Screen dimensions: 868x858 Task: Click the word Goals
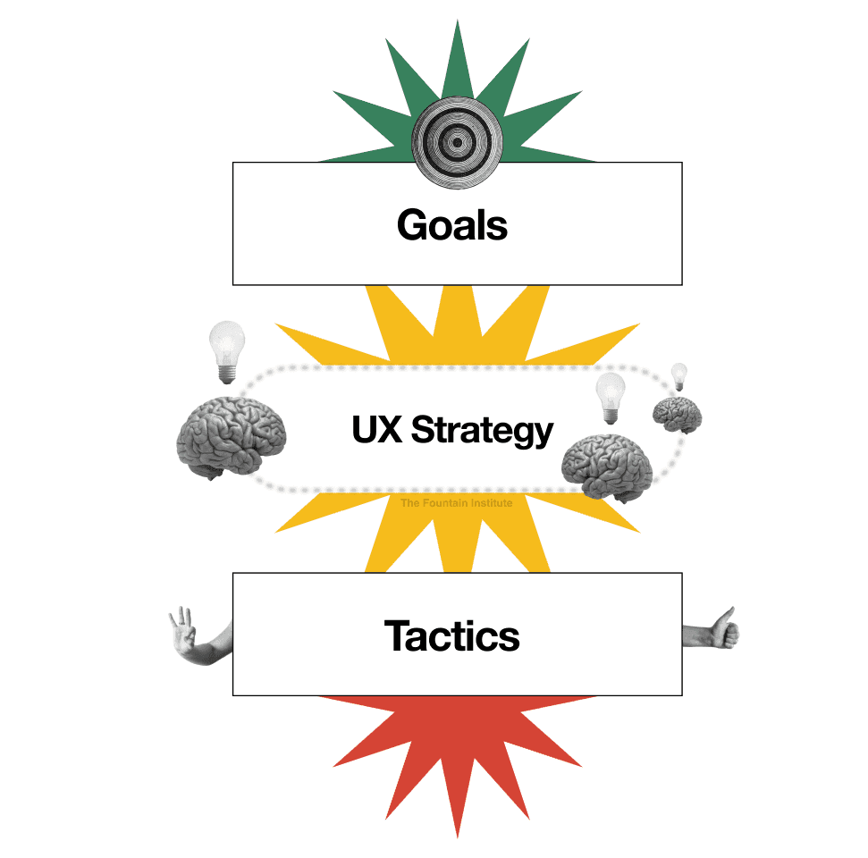click(452, 224)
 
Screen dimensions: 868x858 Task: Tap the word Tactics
click(451, 635)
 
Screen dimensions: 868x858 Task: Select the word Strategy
click(482, 431)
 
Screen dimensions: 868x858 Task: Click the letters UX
click(377, 429)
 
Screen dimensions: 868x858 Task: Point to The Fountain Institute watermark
click(457, 502)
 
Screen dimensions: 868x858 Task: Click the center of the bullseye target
click(458, 142)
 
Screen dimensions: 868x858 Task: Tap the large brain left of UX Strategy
click(232, 437)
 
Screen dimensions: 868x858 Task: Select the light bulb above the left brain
click(227, 352)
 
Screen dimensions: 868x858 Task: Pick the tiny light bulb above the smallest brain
click(679, 376)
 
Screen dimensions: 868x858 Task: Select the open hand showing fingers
click(197, 636)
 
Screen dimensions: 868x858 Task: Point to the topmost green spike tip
click(458, 21)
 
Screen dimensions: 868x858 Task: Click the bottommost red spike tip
click(458, 837)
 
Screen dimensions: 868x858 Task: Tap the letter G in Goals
click(414, 224)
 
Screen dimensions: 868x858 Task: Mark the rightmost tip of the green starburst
click(595, 161)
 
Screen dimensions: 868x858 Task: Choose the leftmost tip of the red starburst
click(319, 696)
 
